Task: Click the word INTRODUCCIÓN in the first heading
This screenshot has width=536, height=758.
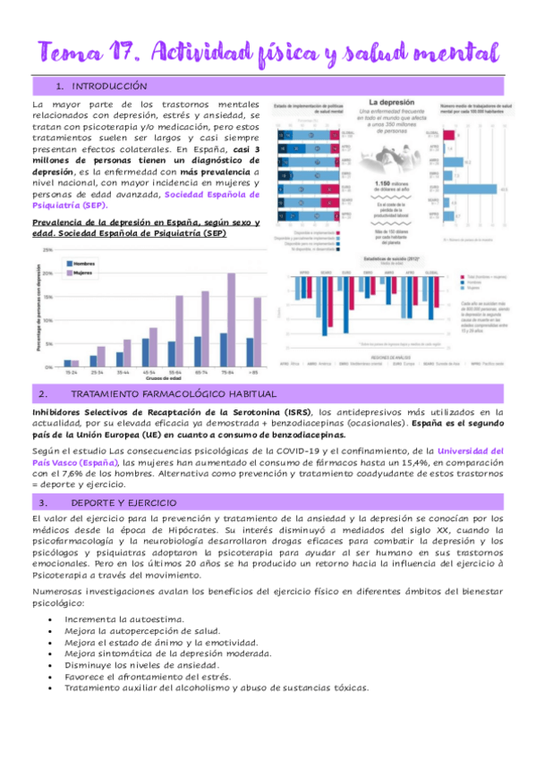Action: [x=108, y=87]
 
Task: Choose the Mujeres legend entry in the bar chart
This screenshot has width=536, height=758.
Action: [x=81, y=273]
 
